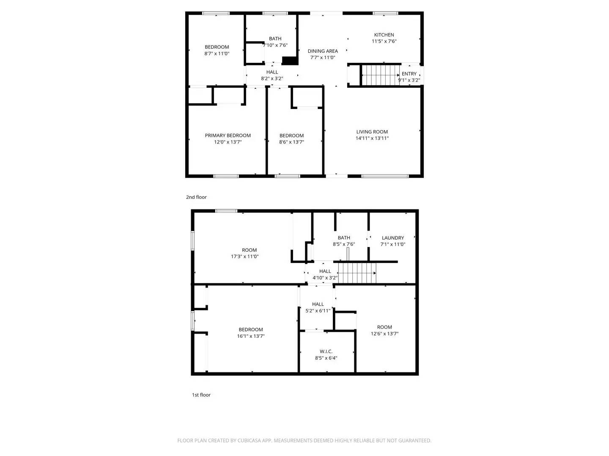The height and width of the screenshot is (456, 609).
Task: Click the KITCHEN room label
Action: pos(384,35)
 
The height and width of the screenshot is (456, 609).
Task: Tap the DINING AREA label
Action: pos(323,51)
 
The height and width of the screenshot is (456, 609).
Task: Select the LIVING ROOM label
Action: pos(372,132)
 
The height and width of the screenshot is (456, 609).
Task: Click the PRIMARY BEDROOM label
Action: pos(228,136)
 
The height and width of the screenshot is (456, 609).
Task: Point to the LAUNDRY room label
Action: pos(392,238)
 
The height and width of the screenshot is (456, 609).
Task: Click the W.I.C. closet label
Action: pos(326,351)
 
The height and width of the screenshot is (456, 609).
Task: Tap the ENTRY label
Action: pos(409,74)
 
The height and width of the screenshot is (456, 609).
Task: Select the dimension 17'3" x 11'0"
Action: pos(244,257)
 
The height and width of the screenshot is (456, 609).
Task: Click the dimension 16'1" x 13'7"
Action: pos(251,337)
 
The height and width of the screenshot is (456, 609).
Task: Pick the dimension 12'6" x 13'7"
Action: pos(384,334)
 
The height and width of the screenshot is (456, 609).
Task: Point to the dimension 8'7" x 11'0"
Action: pos(217,54)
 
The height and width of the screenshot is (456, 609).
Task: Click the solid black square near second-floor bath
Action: pos(290,61)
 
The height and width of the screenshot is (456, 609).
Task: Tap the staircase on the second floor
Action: pos(381,75)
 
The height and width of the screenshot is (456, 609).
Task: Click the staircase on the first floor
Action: pos(357,273)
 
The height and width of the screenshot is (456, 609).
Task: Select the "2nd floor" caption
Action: pos(196,197)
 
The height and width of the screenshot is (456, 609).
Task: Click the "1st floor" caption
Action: pos(201,395)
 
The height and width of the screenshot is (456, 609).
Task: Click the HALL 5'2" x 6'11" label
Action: pos(318,304)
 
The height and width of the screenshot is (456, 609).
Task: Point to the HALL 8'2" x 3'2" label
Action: pos(272,72)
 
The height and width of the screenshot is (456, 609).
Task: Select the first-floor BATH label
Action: pos(344,238)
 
